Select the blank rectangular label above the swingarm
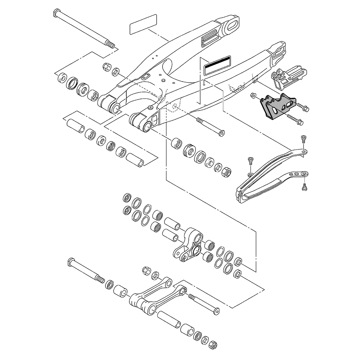[143, 24]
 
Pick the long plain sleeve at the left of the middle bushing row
[75, 126]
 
